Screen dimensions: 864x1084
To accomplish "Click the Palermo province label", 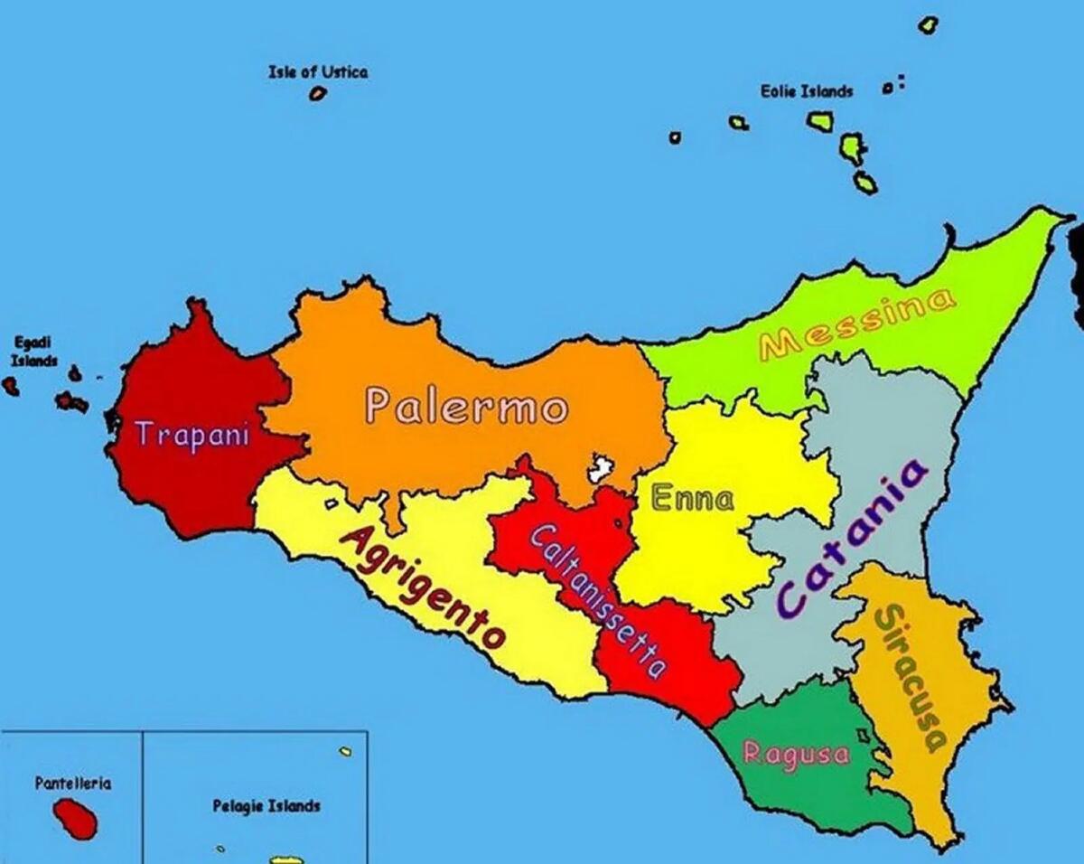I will pos(467,408).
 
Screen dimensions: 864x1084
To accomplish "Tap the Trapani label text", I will pos(192,435).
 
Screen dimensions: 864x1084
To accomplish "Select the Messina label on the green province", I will pos(856,323).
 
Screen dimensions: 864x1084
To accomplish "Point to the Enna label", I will pos(693,498).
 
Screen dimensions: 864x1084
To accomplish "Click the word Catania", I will pos(850,540).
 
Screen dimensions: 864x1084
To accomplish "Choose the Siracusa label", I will pos(911,678).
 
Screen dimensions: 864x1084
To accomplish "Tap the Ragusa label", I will pos(796,754).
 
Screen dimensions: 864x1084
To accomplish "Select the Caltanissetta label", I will pos(597,600).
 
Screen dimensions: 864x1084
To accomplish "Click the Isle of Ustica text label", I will pos(318,72).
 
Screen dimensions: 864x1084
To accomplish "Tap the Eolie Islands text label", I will pos(806,91).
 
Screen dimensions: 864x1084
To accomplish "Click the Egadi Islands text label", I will pos(33,351).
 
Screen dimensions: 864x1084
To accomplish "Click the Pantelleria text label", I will pos(73,784).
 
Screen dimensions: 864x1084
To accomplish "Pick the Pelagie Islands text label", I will pos(266,805).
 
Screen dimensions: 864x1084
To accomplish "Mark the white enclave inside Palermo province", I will pos(600,469).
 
